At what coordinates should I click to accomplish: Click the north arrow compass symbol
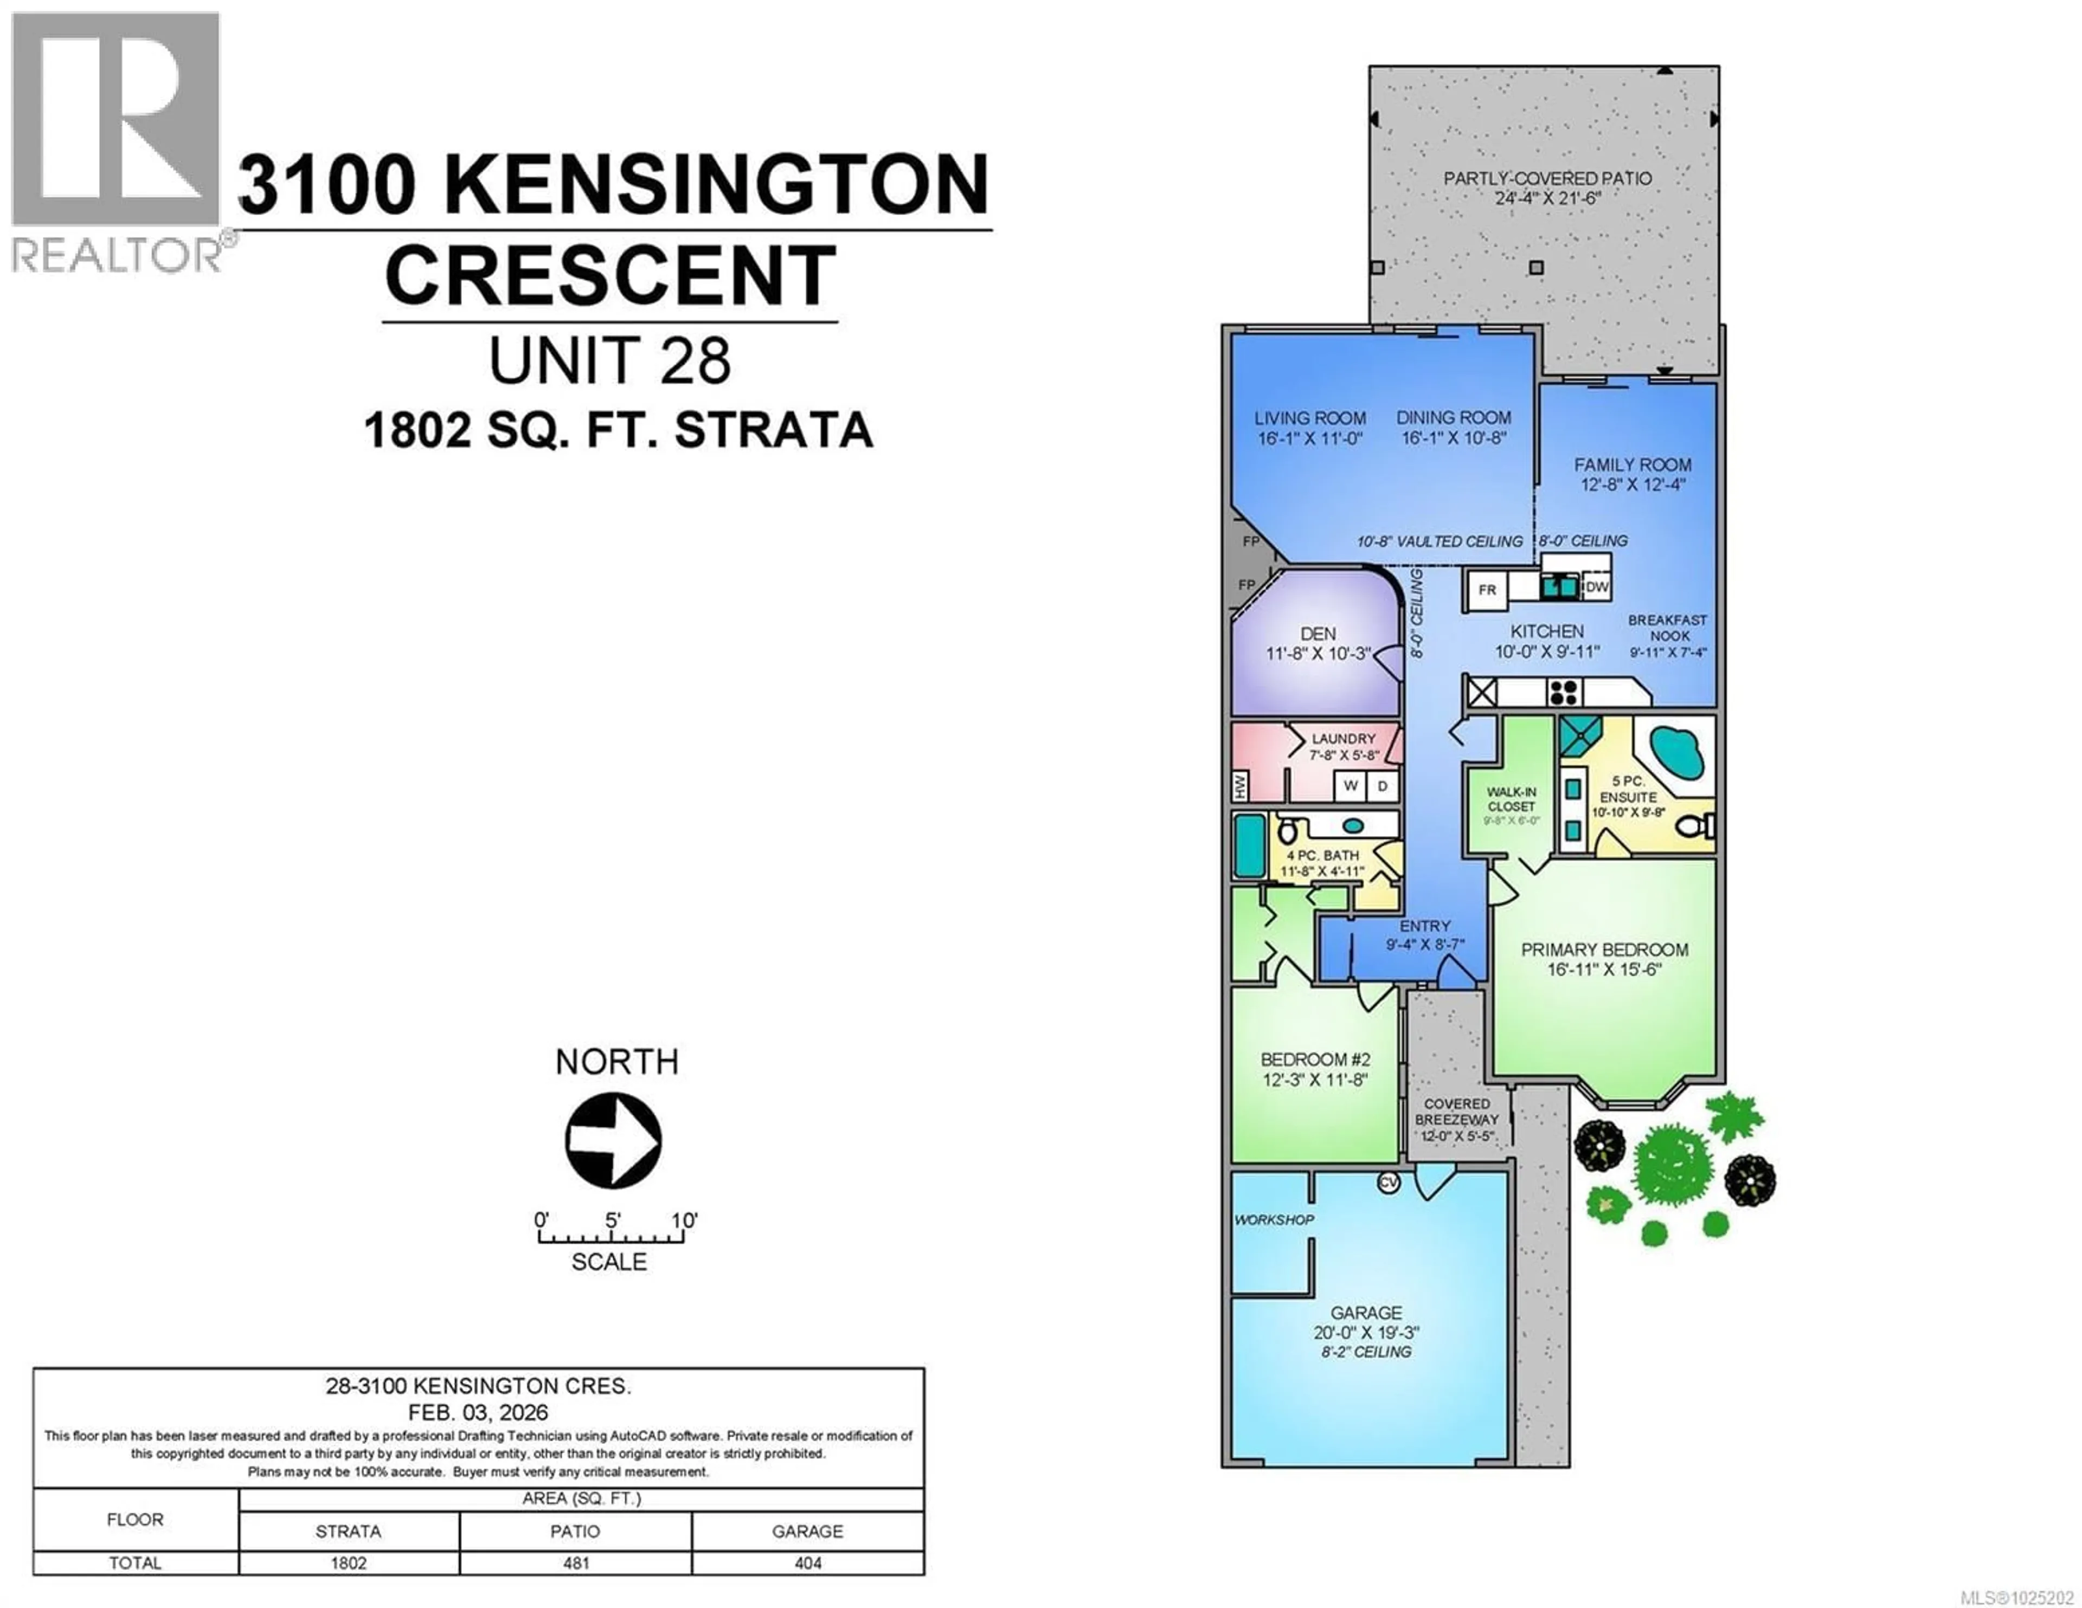[x=613, y=1140]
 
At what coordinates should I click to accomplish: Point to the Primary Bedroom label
[x=1604, y=950]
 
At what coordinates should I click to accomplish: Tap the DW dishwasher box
[x=1597, y=587]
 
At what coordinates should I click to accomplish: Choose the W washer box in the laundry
[x=1350, y=786]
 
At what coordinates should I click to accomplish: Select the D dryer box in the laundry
[x=1382, y=786]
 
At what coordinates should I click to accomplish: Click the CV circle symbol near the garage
[x=1389, y=1183]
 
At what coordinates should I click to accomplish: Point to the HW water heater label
[x=1240, y=786]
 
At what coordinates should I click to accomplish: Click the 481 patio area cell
[x=576, y=1563]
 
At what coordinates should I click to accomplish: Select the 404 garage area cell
[x=807, y=1563]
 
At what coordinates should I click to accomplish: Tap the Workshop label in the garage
[x=1274, y=1220]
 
